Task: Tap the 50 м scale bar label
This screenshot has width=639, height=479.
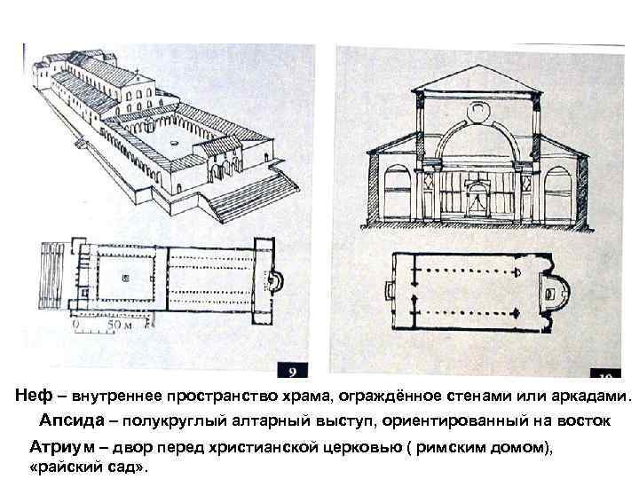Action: tap(117, 326)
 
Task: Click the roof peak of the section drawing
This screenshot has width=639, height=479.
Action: tap(477, 70)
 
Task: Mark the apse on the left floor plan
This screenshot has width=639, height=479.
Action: tap(276, 282)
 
